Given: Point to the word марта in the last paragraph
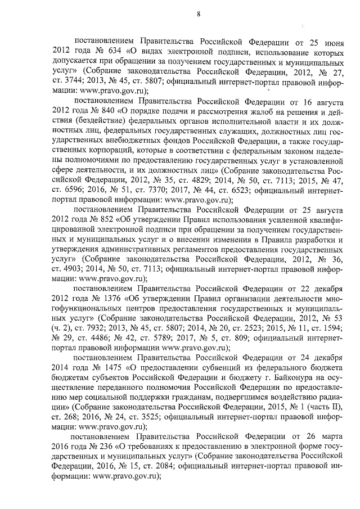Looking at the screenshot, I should pos(329,436).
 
